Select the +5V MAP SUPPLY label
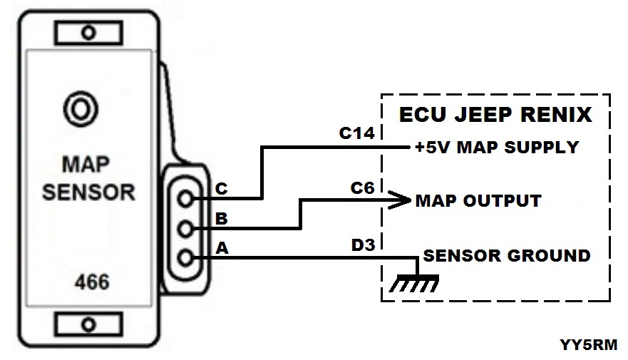[x=497, y=148]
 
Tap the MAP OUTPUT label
[x=478, y=200]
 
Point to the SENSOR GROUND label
[x=507, y=255]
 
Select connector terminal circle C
[x=187, y=199]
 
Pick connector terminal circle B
[x=187, y=228]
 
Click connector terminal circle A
[x=187, y=257]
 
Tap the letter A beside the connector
[x=221, y=247]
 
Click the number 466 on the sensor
[x=92, y=282]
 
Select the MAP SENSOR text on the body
[x=88, y=178]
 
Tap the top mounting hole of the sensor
[x=88, y=32]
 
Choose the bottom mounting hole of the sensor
[x=88, y=324]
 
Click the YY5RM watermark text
[x=589, y=344]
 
